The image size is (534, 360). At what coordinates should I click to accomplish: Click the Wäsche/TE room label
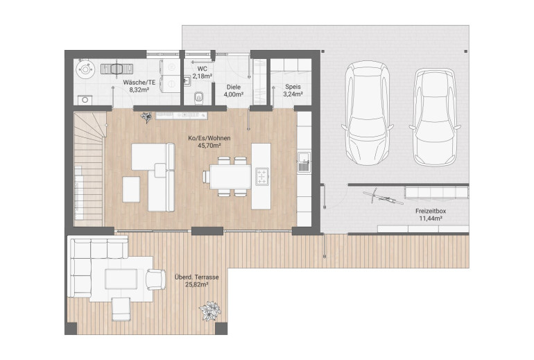pyautogui.click(x=139, y=83)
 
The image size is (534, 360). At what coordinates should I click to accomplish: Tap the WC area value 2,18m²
pyautogui.click(x=203, y=76)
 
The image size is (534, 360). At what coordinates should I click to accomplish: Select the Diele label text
pyautogui.click(x=234, y=87)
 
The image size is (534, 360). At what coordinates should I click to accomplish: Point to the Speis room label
pyautogui.click(x=293, y=87)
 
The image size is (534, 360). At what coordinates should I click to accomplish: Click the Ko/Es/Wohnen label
pyautogui.click(x=209, y=138)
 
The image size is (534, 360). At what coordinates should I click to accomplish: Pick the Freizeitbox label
pyautogui.click(x=431, y=211)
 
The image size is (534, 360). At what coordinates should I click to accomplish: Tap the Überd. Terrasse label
pyautogui.click(x=196, y=277)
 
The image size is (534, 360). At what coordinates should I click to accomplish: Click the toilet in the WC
pyautogui.click(x=198, y=98)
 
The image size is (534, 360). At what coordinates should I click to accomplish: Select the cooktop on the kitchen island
pyautogui.click(x=262, y=176)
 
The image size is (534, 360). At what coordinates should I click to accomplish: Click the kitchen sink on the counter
pyautogui.click(x=304, y=162)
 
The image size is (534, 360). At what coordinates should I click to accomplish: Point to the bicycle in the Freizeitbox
pyautogui.click(x=383, y=197)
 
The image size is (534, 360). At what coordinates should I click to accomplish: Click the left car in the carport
pyautogui.click(x=368, y=113)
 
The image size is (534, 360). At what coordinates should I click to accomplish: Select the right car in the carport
pyautogui.click(x=435, y=117)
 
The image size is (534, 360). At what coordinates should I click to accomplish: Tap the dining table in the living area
pyautogui.click(x=230, y=176)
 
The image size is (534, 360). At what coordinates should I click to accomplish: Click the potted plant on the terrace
pyautogui.click(x=209, y=311)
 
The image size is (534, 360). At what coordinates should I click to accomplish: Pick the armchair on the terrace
pyautogui.click(x=155, y=280)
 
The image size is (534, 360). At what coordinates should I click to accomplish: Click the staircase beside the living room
pyautogui.click(x=89, y=169)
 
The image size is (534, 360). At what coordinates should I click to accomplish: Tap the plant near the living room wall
pyautogui.click(x=146, y=117)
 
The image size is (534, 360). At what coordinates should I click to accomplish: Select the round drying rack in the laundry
pyautogui.click(x=85, y=70)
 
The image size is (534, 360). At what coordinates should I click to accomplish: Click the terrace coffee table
pyautogui.click(x=121, y=279)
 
